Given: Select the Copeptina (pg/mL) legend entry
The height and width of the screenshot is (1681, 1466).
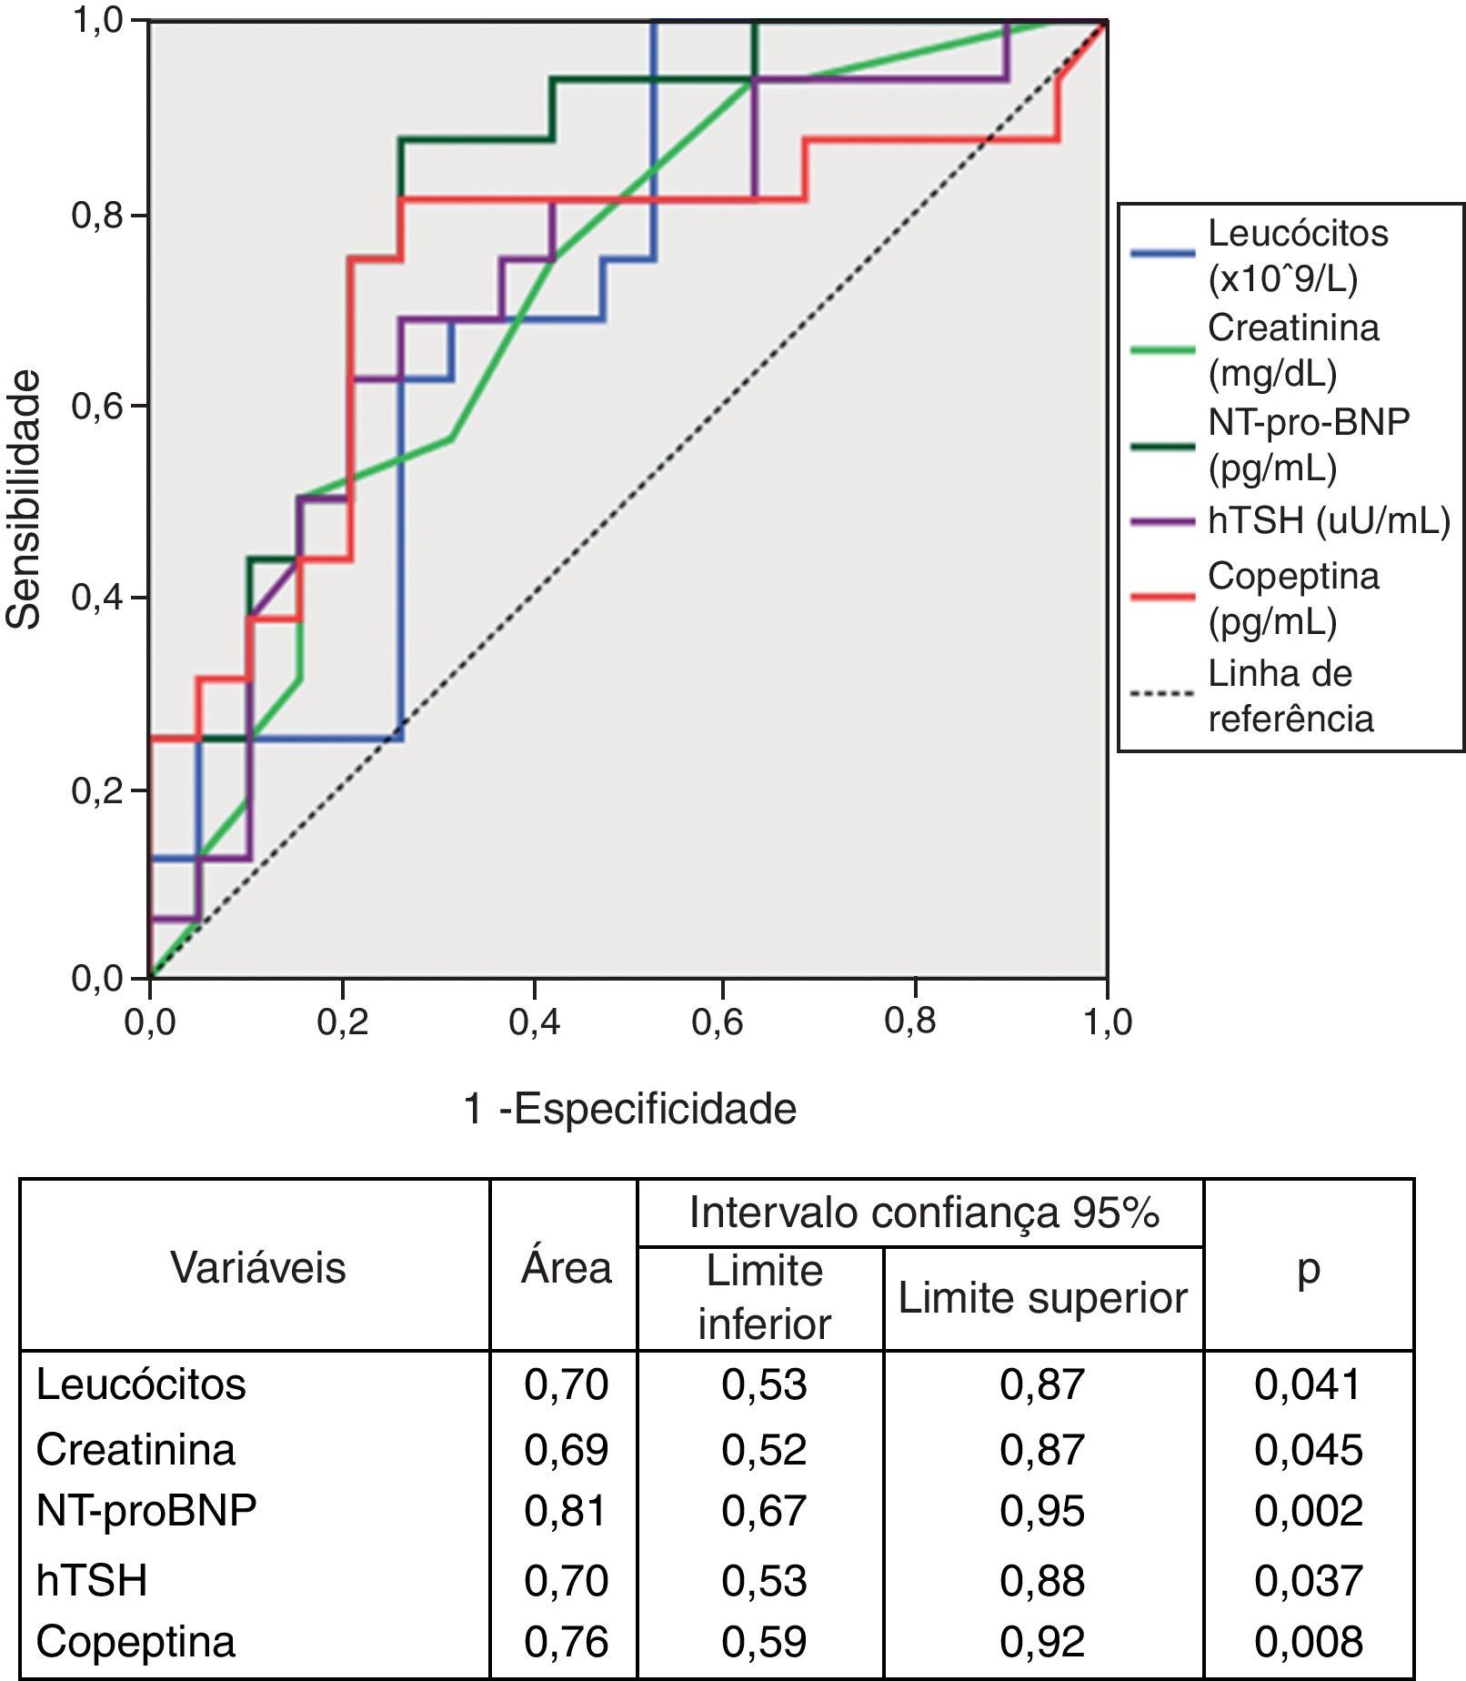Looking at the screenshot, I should [x=1292, y=599].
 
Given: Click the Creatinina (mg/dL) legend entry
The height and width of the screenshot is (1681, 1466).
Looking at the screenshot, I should [x=1292, y=349].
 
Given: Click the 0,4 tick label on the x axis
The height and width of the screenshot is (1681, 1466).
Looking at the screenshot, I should [x=534, y=1022].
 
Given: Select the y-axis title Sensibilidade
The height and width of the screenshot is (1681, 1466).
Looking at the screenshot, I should [x=25, y=498].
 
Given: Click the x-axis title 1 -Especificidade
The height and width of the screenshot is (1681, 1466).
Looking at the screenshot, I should [x=629, y=1109].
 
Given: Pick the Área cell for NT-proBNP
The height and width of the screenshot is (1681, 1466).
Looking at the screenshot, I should [x=566, y=1511].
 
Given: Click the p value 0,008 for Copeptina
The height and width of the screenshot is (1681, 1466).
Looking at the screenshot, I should [x=1308, y=1642].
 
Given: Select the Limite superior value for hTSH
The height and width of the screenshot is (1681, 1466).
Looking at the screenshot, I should [x=1042, y=1580].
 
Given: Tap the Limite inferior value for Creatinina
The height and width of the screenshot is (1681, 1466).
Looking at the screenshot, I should [x=764, y=1449].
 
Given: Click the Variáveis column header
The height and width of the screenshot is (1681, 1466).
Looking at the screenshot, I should [x=258, y=1267].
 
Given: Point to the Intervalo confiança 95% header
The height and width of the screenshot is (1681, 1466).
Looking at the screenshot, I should [x=923, y=1213].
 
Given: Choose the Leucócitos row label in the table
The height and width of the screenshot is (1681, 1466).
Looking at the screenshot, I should [x=141, y=1384].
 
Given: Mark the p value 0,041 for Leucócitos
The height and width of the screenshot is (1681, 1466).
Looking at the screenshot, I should [x=1308, y=1384].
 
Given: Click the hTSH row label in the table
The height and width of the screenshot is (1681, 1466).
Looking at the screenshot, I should [x=92, y=1580].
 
